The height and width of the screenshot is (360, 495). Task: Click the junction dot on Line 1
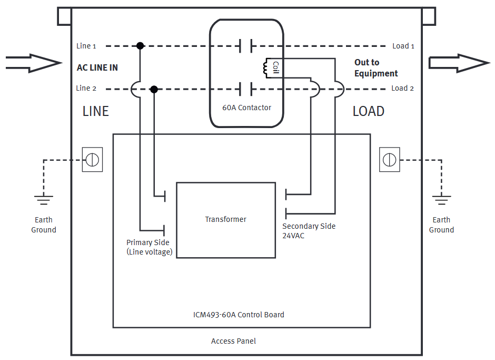click(x=140, y=46)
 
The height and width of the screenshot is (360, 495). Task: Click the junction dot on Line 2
click(x=154, y=90)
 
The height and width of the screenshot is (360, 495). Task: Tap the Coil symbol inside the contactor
click(x=265, y=69)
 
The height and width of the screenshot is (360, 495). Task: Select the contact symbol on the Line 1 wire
click(x=246, y=46)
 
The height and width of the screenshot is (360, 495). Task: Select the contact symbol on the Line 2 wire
click(x=246, y=89)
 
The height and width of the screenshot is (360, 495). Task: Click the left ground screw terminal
click(x=92, y=160)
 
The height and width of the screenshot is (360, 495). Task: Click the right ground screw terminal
click(x=390, y=160)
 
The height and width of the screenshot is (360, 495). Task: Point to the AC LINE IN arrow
click(x=33, y=63)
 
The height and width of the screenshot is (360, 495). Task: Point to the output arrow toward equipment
click(x=459, y=63)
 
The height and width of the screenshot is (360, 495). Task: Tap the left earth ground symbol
click(x=44, y=200)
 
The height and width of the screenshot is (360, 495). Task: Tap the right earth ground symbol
click(x=442, y=200)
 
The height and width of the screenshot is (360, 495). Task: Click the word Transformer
click(x=226, y=219)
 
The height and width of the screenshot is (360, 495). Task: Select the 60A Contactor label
click(x=246, y=108)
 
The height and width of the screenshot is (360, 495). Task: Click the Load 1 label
click(x=403, y=46)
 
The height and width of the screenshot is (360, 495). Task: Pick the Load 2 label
click(x=402, y=88)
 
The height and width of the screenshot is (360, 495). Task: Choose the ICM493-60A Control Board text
click(x=239, y=315)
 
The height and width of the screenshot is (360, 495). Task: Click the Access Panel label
click(x=234, y=341)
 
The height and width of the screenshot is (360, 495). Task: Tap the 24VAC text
click(x=293, y=236)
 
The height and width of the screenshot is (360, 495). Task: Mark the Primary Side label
click(x=148, y=242)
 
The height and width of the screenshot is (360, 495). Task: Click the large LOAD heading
click(x=369, y=111)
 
